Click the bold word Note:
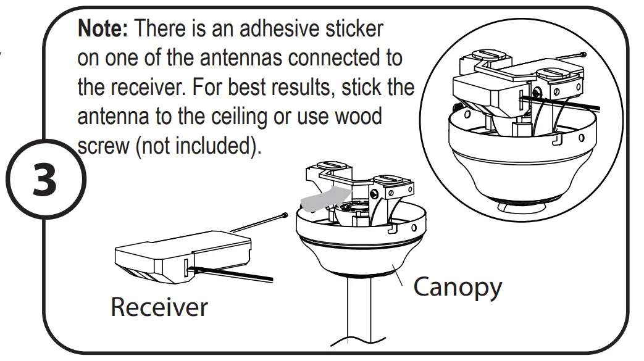pyautogui.click(x=103, y=29)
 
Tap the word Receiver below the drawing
pyautogui.click(x=159, y=307)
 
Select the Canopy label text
pyautogui.click(x=457, y=286)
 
